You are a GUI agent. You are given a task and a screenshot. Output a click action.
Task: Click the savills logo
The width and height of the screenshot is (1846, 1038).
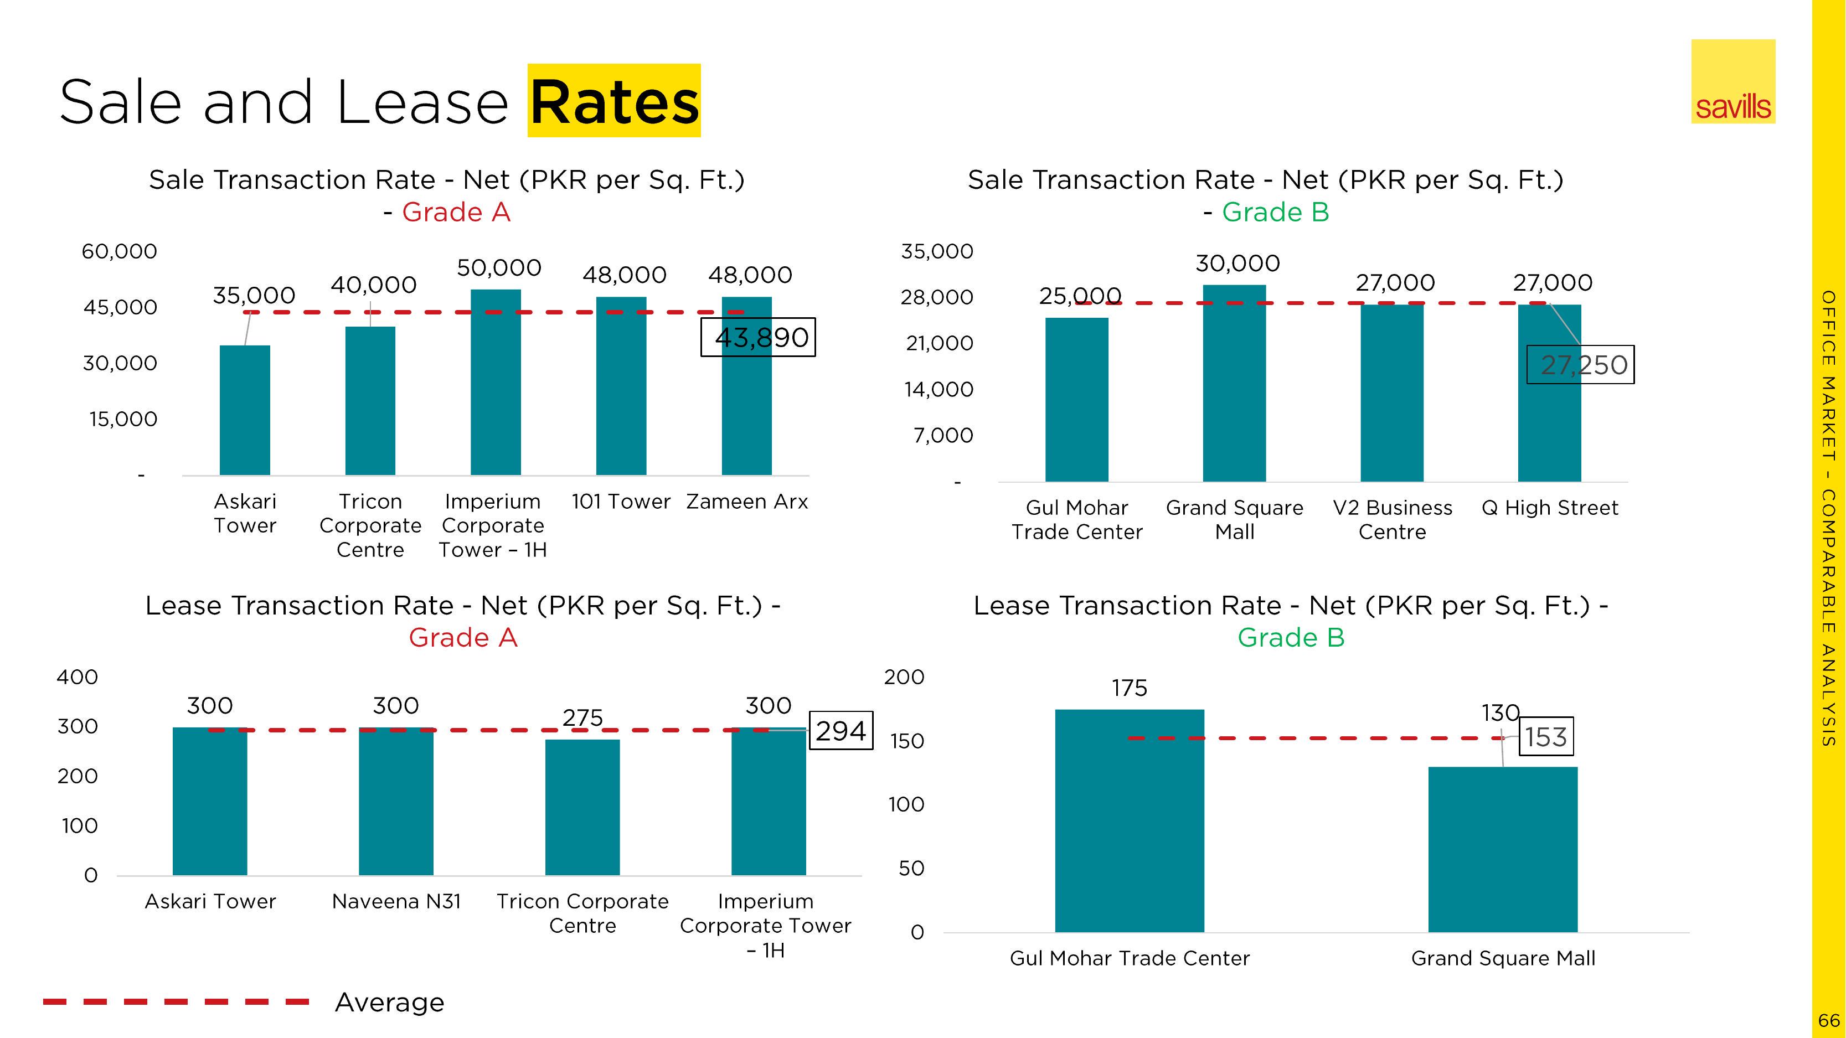(x=1733, y=82)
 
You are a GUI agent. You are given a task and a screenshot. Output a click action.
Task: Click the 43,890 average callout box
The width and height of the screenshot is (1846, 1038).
(x=758, y=337)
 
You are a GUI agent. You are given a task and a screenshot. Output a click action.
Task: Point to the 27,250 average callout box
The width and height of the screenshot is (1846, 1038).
(x=1580, y=365)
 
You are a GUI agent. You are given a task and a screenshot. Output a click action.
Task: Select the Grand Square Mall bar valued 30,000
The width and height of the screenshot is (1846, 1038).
(x=1234, y=383)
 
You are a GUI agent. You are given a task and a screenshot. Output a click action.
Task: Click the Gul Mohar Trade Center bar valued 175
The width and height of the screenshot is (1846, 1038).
(x=1130, y=820)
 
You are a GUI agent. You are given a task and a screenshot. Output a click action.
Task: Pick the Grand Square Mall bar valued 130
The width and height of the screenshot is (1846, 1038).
(x=1502, y=849)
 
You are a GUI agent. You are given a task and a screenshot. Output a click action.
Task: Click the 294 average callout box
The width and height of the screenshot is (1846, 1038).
(x=841, y=731)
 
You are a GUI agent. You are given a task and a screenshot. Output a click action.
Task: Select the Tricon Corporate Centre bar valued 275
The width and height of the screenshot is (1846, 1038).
(x=582, y=807)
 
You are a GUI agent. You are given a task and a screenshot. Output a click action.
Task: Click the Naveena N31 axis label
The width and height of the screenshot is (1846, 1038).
(x=396, y=901)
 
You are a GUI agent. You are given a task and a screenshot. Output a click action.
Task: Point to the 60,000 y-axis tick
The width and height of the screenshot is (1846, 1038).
(x=119, y=251)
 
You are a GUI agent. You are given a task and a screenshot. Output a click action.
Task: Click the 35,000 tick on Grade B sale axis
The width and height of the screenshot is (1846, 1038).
(x=937, y=251)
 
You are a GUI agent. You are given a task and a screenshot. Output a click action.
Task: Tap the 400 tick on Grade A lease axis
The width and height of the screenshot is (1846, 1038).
(x=78, y=677)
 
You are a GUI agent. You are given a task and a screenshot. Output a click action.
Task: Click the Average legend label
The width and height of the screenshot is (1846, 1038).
(x=389, y=1002)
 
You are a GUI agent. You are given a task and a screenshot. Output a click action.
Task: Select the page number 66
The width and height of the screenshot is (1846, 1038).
(x=1829, y=1020)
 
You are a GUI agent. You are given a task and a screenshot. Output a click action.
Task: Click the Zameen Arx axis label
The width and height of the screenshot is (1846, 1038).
(x=747, y=502)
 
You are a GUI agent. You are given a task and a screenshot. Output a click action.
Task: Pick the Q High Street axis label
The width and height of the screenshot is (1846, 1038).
(x=1549, y=508)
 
